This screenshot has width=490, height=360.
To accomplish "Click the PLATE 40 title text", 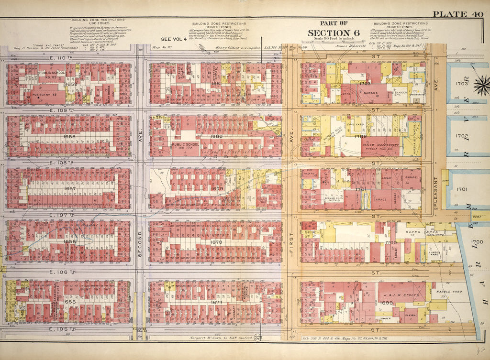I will [458, 13].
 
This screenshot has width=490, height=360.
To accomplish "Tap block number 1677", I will [217, 302].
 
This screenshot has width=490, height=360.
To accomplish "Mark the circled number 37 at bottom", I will [258, 339].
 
